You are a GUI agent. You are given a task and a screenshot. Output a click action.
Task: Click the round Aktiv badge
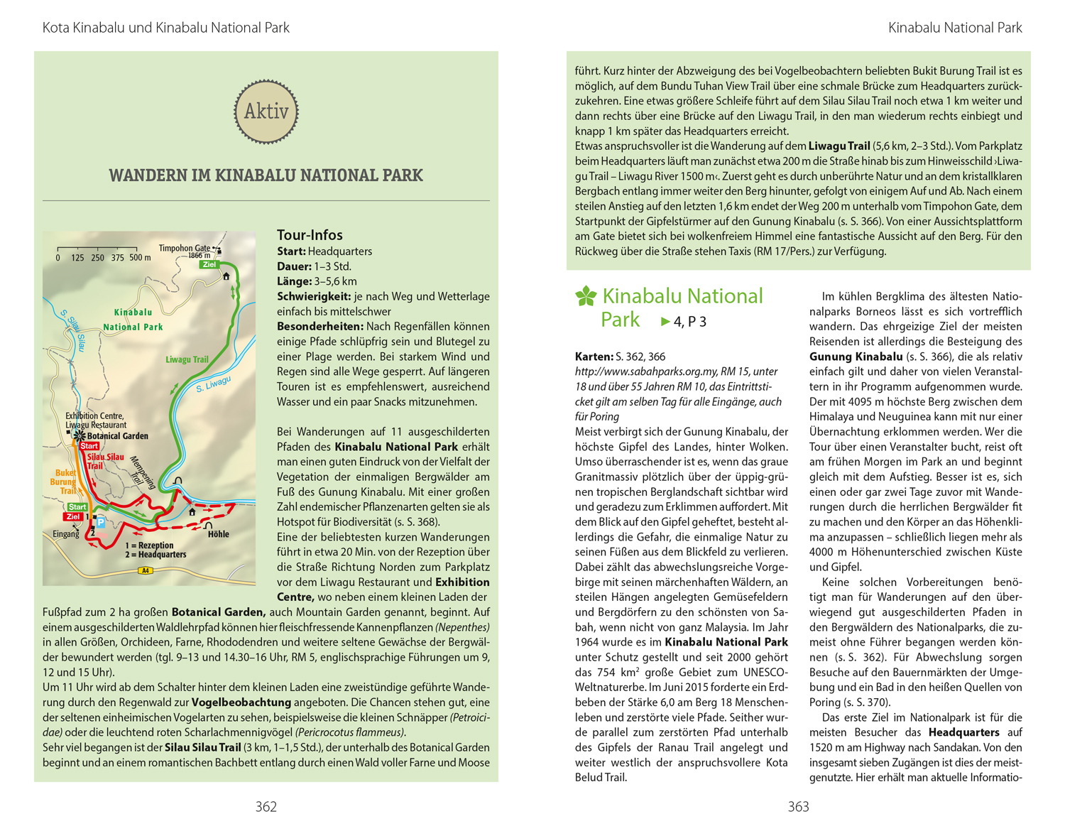266,112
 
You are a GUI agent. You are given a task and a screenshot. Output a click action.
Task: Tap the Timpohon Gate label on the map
184,248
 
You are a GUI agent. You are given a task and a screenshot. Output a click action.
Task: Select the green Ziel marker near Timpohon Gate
209,264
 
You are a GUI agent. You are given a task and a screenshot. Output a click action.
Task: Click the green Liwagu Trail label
187,359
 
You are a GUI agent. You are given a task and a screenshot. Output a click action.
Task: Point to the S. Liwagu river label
213,384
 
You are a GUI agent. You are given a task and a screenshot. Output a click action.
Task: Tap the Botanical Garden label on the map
117,436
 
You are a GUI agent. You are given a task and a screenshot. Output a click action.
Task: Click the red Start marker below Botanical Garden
89,446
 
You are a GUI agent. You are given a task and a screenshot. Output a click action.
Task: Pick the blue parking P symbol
101,522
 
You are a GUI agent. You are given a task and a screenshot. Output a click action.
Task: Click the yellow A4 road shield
145,570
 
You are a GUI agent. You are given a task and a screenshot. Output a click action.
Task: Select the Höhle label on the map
218,534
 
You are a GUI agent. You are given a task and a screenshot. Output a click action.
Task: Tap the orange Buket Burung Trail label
64,482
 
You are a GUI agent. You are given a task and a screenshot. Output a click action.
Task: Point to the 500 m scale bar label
140,258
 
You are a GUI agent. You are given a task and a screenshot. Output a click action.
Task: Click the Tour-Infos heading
310,235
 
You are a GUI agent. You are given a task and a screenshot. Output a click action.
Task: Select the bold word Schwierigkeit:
314,296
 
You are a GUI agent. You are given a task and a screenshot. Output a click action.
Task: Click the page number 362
266,806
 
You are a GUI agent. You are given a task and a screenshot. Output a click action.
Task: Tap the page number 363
798,806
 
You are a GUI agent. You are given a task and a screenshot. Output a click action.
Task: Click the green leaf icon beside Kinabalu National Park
586,296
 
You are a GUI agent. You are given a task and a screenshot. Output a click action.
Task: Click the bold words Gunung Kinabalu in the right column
856,357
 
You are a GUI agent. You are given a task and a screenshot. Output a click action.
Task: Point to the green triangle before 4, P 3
665,322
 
